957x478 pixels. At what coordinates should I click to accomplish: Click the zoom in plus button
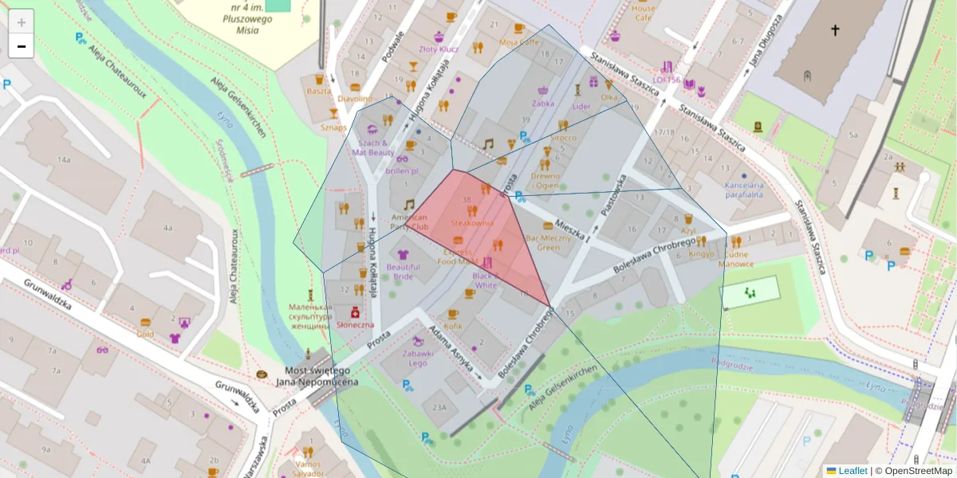(22, 22)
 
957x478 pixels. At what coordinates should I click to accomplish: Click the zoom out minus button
(22, 46)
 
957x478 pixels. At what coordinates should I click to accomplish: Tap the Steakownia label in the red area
(471, 224)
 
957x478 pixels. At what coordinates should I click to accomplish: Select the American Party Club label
(409, 221)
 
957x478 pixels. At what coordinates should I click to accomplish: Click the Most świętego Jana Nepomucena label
(317, 377)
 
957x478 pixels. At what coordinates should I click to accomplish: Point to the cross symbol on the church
(835, 30)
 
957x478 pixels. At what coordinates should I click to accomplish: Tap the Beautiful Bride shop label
(403, 272)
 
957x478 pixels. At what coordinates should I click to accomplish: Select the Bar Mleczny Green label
(548, 242)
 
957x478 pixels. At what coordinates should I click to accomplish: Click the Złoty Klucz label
(439, 49)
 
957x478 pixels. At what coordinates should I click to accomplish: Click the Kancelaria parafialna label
(744, 190)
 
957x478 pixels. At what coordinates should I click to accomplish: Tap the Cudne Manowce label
(735, 259)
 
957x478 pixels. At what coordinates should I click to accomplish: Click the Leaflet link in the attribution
(853, 471)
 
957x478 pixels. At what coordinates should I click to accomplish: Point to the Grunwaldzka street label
(47, 295)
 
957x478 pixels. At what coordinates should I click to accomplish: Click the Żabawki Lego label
(418, 358)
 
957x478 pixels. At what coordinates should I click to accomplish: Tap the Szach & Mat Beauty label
(371, 147)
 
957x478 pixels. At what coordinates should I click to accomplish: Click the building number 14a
(64, 160)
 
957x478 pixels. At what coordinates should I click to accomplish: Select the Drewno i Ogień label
(545, 180)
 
